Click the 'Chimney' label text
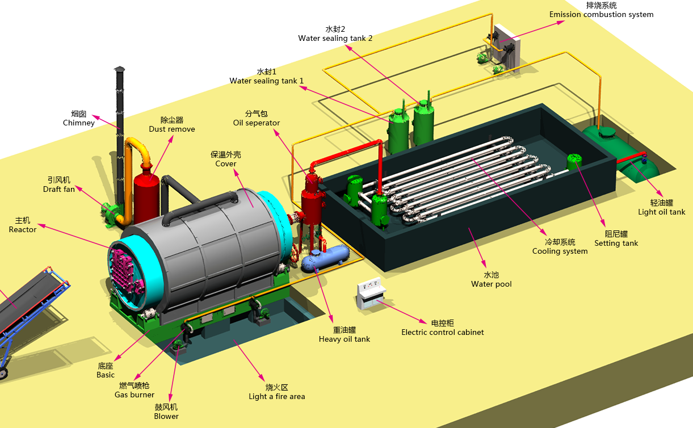78,123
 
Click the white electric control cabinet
371,293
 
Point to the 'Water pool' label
491,284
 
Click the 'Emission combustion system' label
601,15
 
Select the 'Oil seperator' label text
256,123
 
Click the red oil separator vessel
313,200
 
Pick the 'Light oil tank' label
661,212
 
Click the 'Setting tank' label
616,244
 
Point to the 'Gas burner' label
135,395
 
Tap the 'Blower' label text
166,416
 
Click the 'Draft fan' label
59,189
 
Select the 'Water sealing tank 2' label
335,39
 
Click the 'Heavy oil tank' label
345,339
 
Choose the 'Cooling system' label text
560,251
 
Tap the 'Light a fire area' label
277,396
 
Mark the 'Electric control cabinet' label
442,333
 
